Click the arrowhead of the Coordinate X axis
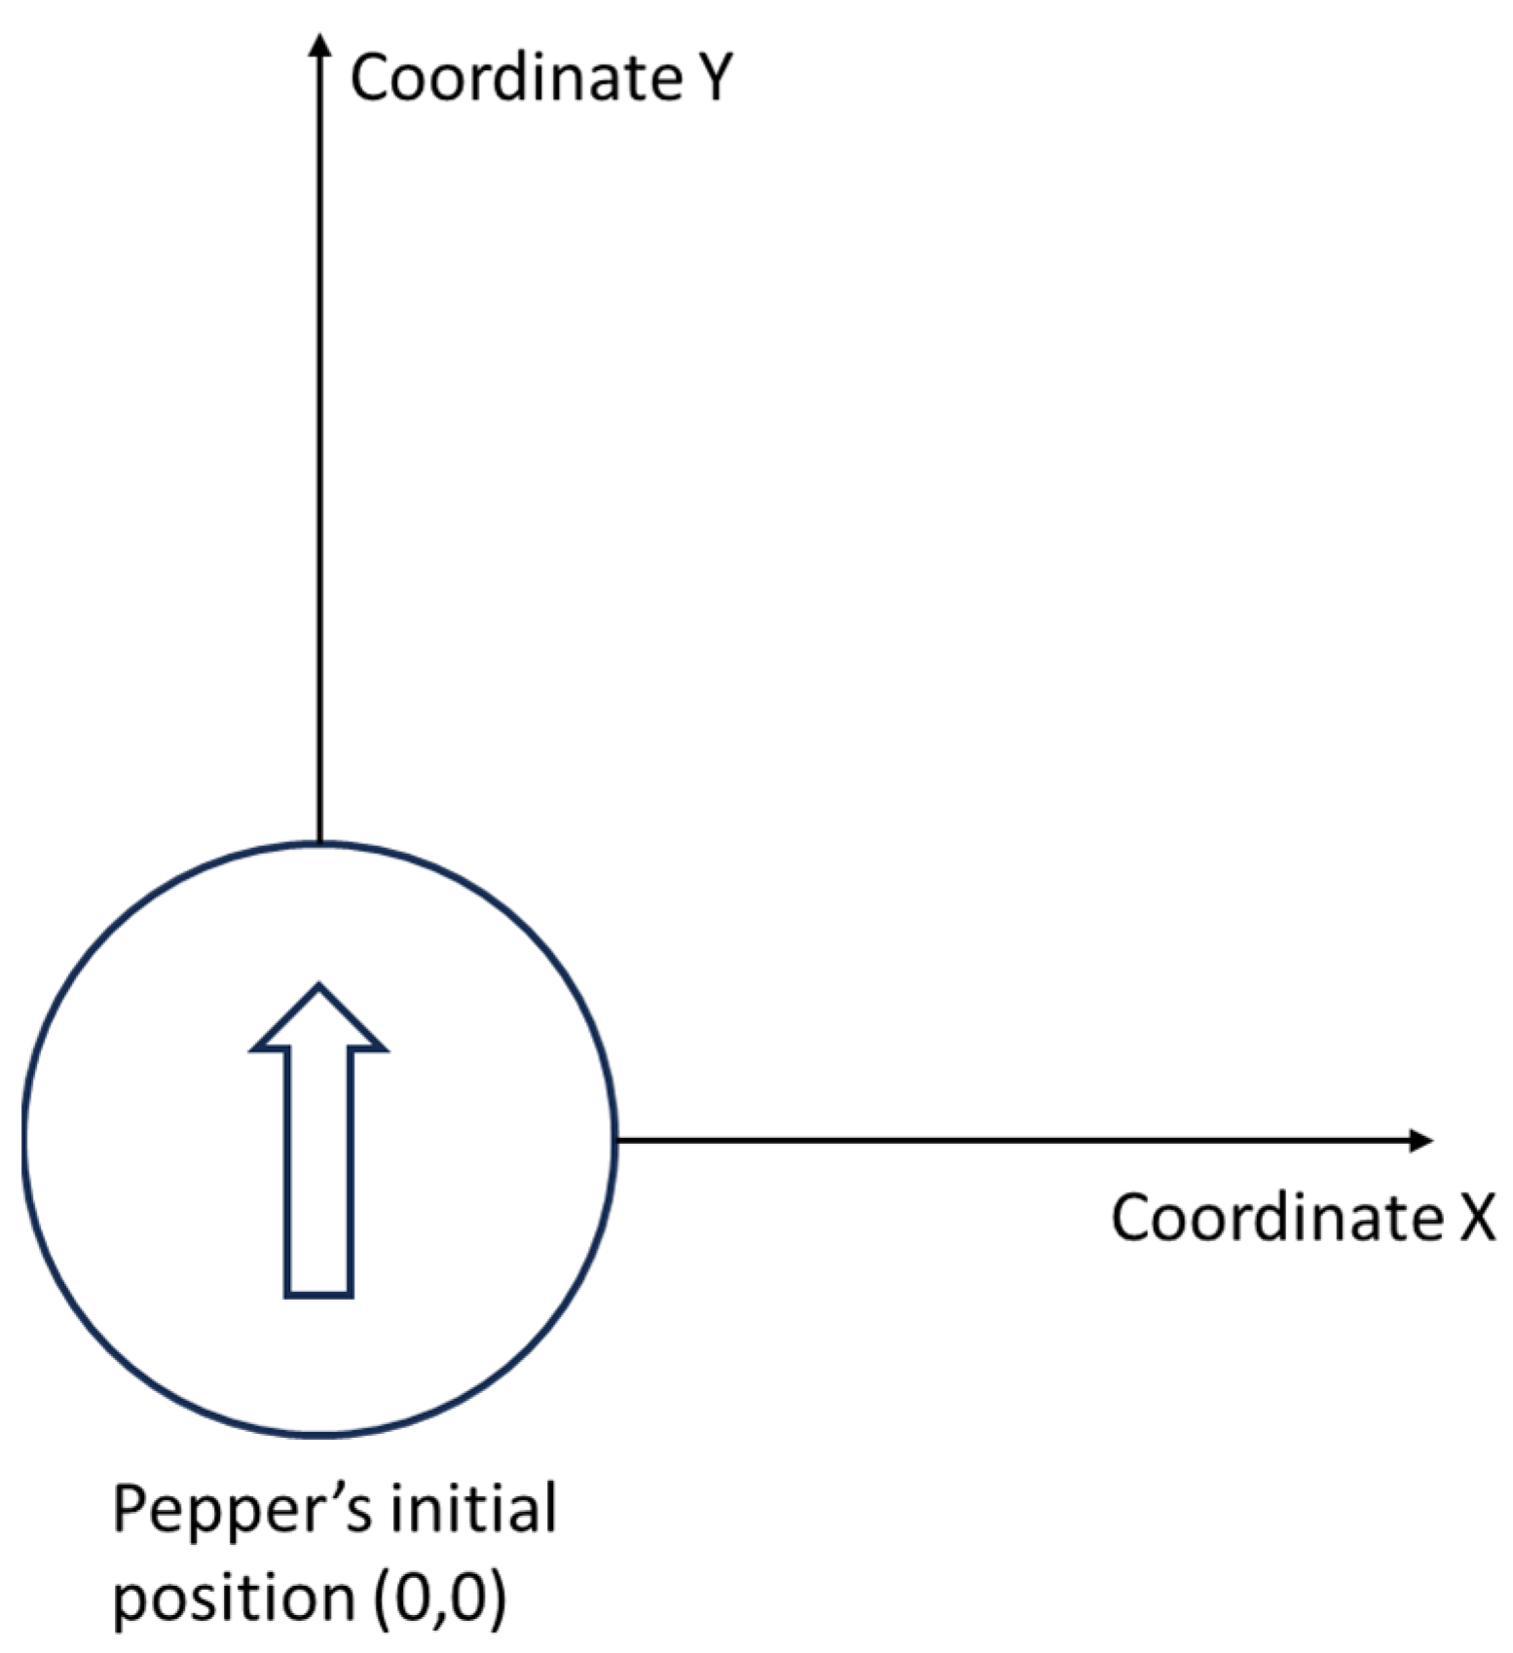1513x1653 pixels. point(1422,1140)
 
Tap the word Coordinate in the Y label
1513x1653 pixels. point(516,78)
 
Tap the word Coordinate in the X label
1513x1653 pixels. point(1276,1218)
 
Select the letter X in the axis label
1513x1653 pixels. point(1476,1218)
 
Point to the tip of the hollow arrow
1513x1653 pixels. point(318,987)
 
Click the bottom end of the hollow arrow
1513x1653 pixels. point(318,1294)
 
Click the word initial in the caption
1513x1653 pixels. point(474,1508)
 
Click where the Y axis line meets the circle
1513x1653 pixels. point(318,843)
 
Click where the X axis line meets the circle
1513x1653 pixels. point(616,1140)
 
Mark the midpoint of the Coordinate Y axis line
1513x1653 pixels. point(318,443)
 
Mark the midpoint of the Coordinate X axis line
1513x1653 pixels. point(1022,1140)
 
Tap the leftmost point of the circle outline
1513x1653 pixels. point(23,1140)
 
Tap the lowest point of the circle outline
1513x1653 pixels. point(318,1434)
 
